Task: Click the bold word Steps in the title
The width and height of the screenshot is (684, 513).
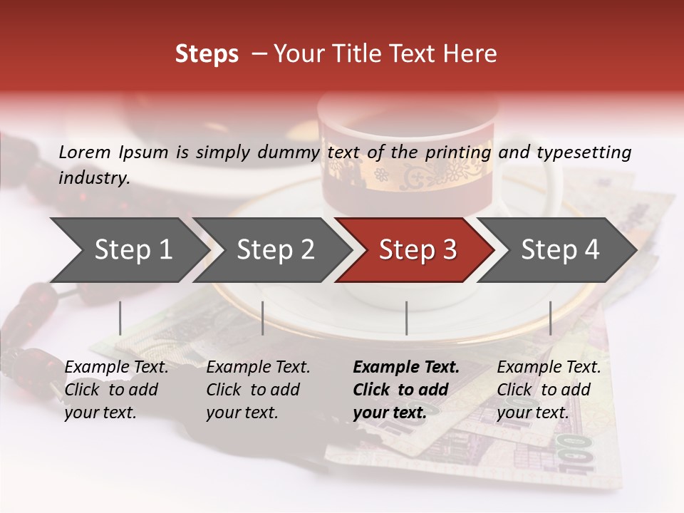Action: pos(207,54)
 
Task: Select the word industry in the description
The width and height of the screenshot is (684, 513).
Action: pos(94,177)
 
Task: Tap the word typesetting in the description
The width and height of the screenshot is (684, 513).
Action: pos(584,152)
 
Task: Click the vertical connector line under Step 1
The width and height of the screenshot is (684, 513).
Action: pos(120,318)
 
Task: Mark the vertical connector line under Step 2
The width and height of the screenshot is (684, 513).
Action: pos(263,318)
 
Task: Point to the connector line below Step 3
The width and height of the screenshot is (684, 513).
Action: pos(407,318)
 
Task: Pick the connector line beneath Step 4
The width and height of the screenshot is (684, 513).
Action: pos(550,318)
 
